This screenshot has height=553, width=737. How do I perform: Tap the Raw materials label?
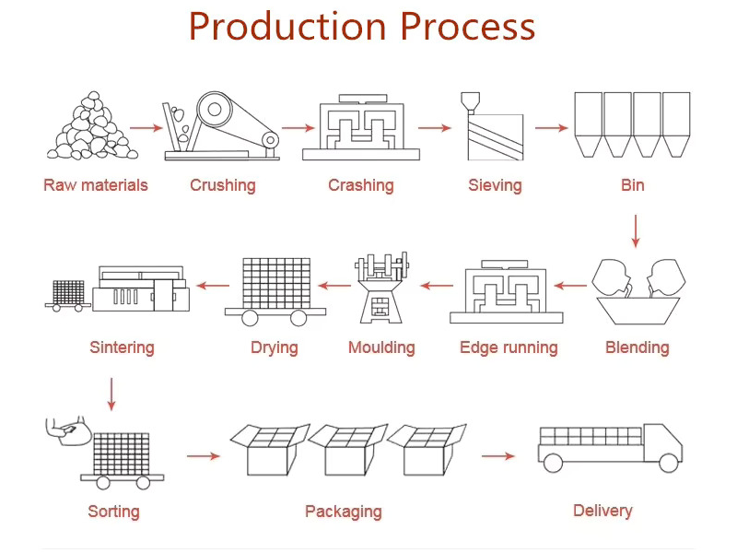95,185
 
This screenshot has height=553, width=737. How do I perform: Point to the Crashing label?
360,185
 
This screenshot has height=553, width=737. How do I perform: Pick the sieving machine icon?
495,129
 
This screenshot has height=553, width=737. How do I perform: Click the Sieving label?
495,185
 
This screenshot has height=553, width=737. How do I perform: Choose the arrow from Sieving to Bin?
552,128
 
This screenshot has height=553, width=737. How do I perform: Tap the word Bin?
632,185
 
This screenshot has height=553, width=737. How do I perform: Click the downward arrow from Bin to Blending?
635,230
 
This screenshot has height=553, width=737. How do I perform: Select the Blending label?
637,347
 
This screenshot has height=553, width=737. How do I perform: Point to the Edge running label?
509,347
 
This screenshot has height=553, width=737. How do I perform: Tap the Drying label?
274,347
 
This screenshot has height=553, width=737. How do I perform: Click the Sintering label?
122,347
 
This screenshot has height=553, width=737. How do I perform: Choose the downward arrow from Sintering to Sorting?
112,393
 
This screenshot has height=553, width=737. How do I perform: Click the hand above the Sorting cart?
66,429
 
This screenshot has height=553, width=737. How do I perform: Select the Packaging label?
343,512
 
